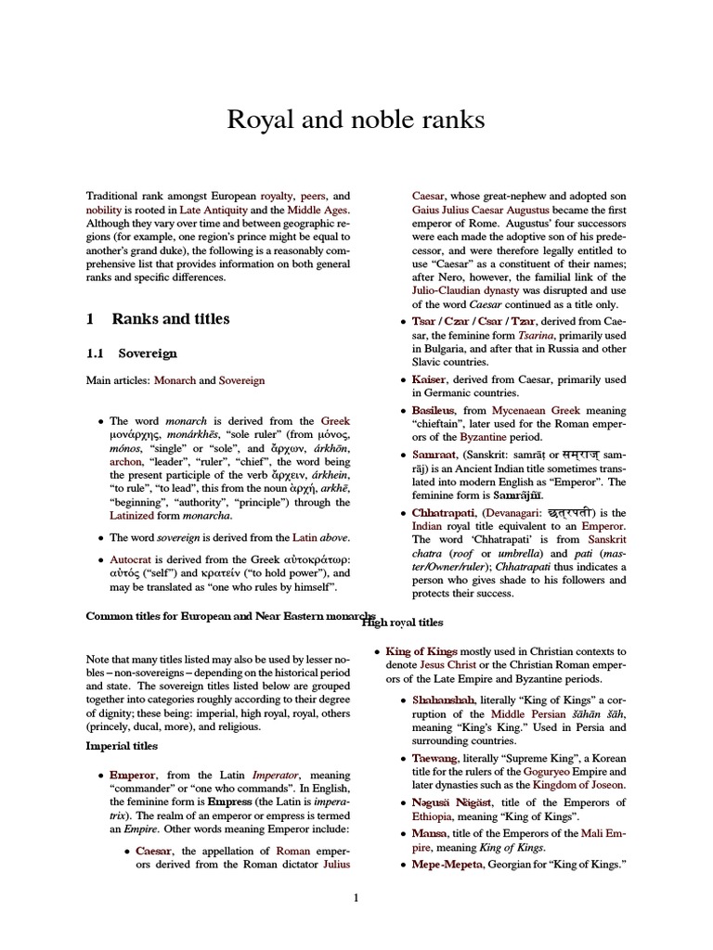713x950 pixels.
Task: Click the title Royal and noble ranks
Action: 356,119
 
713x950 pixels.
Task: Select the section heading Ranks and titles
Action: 171,319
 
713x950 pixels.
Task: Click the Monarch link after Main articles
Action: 174,380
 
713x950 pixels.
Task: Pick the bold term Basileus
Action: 435,409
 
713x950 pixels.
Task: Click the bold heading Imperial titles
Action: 122,745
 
